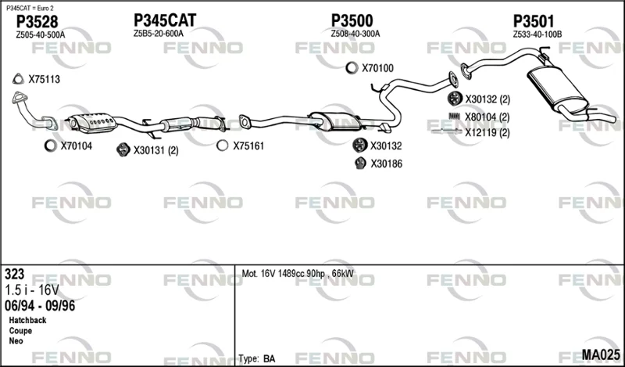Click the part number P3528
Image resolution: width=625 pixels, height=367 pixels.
(x=37, y=22)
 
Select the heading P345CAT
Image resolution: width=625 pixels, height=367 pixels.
(x=165, y=20)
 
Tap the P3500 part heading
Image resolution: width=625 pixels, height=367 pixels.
(x=352, y=20)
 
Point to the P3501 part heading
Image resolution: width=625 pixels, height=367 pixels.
(x=534, y=21)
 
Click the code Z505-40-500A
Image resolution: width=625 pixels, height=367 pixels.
(x=41, y=35)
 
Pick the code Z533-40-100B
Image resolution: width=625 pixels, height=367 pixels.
(x=537, y=34)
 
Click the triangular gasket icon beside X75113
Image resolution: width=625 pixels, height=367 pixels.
(x=18, y=79)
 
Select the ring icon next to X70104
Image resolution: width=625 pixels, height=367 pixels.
(x=51, y=146)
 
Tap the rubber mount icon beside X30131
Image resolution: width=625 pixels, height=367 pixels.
(x=123, y=149)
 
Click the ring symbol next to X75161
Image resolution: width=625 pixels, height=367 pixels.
(x=223, y=146)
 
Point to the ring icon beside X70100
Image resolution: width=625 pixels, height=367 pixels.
(x=352, y=68)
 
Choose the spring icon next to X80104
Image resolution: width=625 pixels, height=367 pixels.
(x=455, y=117)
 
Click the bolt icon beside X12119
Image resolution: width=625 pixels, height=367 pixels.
(x=447, y=131)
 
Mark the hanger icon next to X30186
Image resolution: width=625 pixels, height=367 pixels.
(x=360, y=163)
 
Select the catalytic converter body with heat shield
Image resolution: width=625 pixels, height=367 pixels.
(x=92, y=122)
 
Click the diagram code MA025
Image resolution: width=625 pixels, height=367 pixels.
(x=601, y=354)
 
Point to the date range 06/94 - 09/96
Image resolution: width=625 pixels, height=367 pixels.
(x=40, y=306)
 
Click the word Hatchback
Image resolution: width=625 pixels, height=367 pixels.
(x=27, y=320)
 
